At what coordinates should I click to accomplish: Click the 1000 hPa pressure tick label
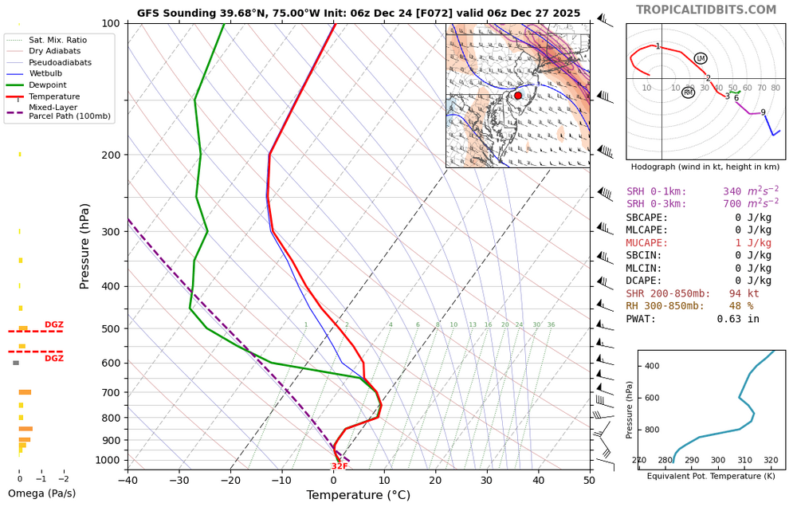click(x=107, y=460)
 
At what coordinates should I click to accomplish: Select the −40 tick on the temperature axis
click(x=128, y=479)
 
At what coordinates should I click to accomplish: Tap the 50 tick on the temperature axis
click(x=590, y=479)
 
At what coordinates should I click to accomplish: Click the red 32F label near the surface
click(x=340, y=466)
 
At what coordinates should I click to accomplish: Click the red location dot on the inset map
click(x=518, y=96)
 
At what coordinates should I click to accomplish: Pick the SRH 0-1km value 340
click(x=732, y=192)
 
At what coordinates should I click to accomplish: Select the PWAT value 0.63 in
click(x=737, y=319)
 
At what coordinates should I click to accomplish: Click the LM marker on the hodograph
click(x=701, y=58)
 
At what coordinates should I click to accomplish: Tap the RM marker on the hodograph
click(x=689, y=92)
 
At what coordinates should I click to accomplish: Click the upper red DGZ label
click(x=54, y=324)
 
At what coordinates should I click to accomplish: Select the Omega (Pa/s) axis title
click(x=41, y=493)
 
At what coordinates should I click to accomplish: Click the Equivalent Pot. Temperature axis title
click(x=711, y=476)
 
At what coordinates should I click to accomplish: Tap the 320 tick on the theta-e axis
click(x=771, y=461)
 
